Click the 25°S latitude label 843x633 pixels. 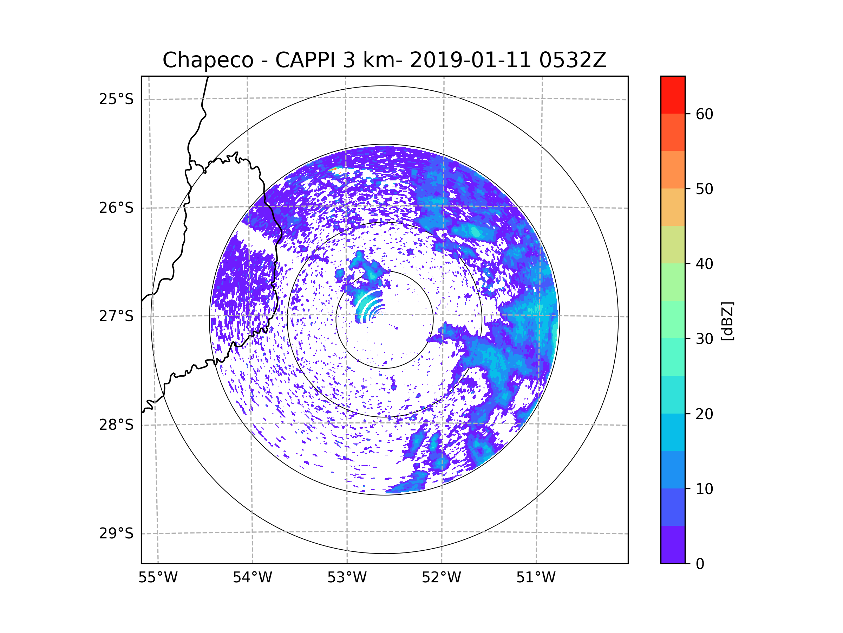coord(116,99)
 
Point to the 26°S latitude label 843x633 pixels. coord(116,208)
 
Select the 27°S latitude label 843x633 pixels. coord(116,316)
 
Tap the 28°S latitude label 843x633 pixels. coord(116,425)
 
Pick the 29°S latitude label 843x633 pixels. coord(116,533)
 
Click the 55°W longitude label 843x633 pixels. coord(158,578)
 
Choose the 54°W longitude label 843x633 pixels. coord(252,578)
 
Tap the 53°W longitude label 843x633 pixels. coord(347,578)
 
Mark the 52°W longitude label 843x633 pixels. coord(441,578)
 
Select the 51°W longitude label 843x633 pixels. coord(536,578)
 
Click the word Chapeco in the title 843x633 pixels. coord(208,60)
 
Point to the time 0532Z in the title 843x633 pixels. coord(573,60)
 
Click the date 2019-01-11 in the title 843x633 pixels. coord(470,60)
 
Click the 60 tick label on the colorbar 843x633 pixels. coord(704,114)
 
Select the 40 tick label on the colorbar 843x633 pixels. coord(704,264)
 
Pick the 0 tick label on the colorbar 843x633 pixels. coord(700,564)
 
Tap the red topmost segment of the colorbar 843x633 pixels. coord(673,95)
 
